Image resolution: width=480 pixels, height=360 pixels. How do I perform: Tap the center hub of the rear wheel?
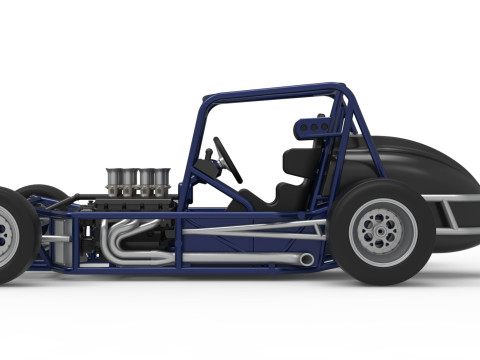381,233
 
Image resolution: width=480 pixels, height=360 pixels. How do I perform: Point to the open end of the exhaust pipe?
305,260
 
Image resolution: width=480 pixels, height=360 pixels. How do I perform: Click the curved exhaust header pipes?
125,240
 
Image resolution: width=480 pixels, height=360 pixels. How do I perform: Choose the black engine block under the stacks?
130,204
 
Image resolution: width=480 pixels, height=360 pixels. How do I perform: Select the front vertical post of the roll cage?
194,150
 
